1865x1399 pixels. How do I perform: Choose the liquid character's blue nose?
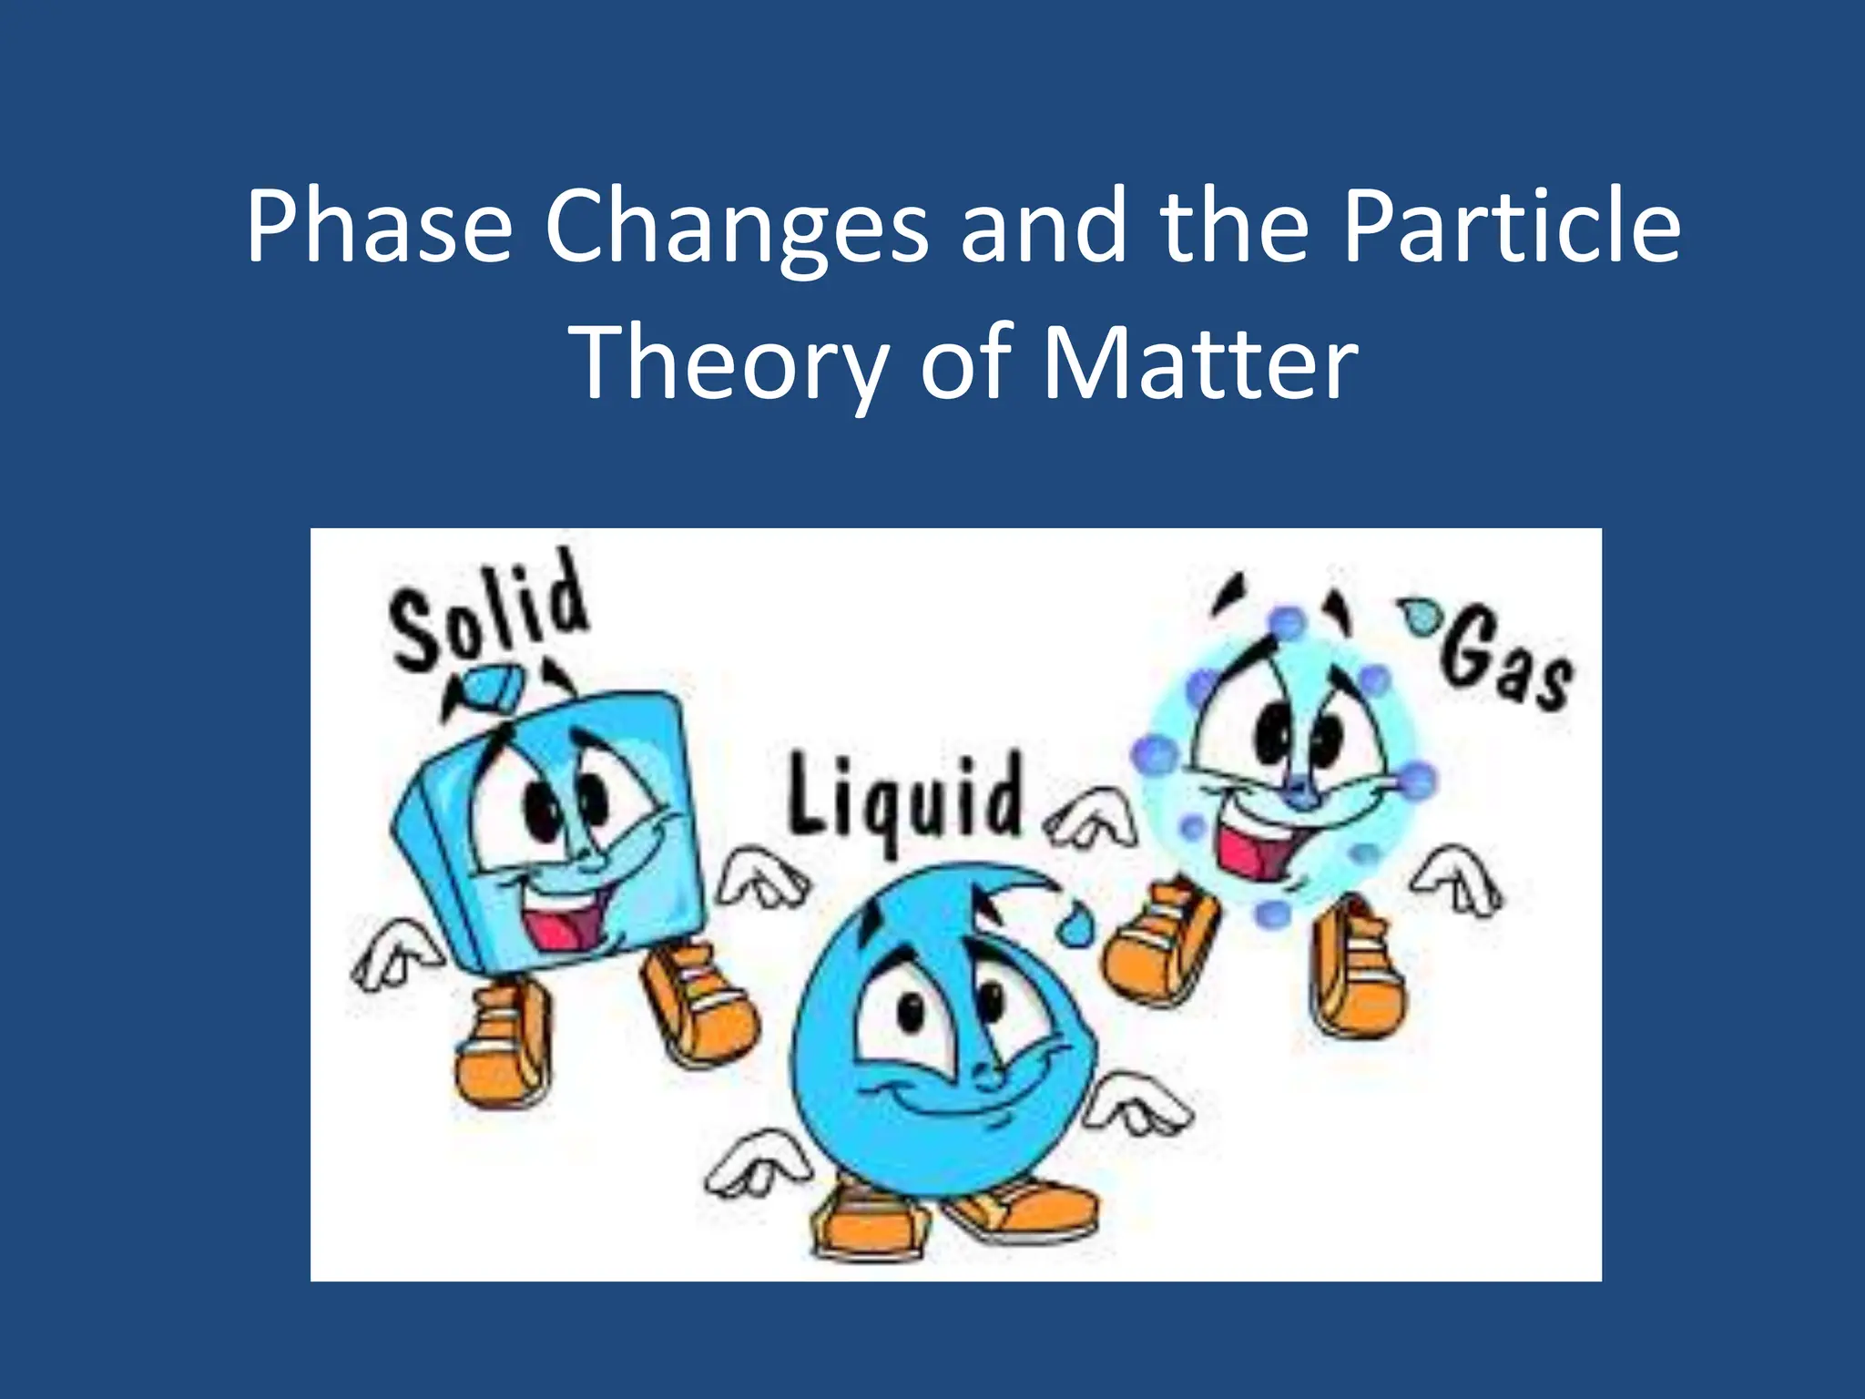point(988,1075)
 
